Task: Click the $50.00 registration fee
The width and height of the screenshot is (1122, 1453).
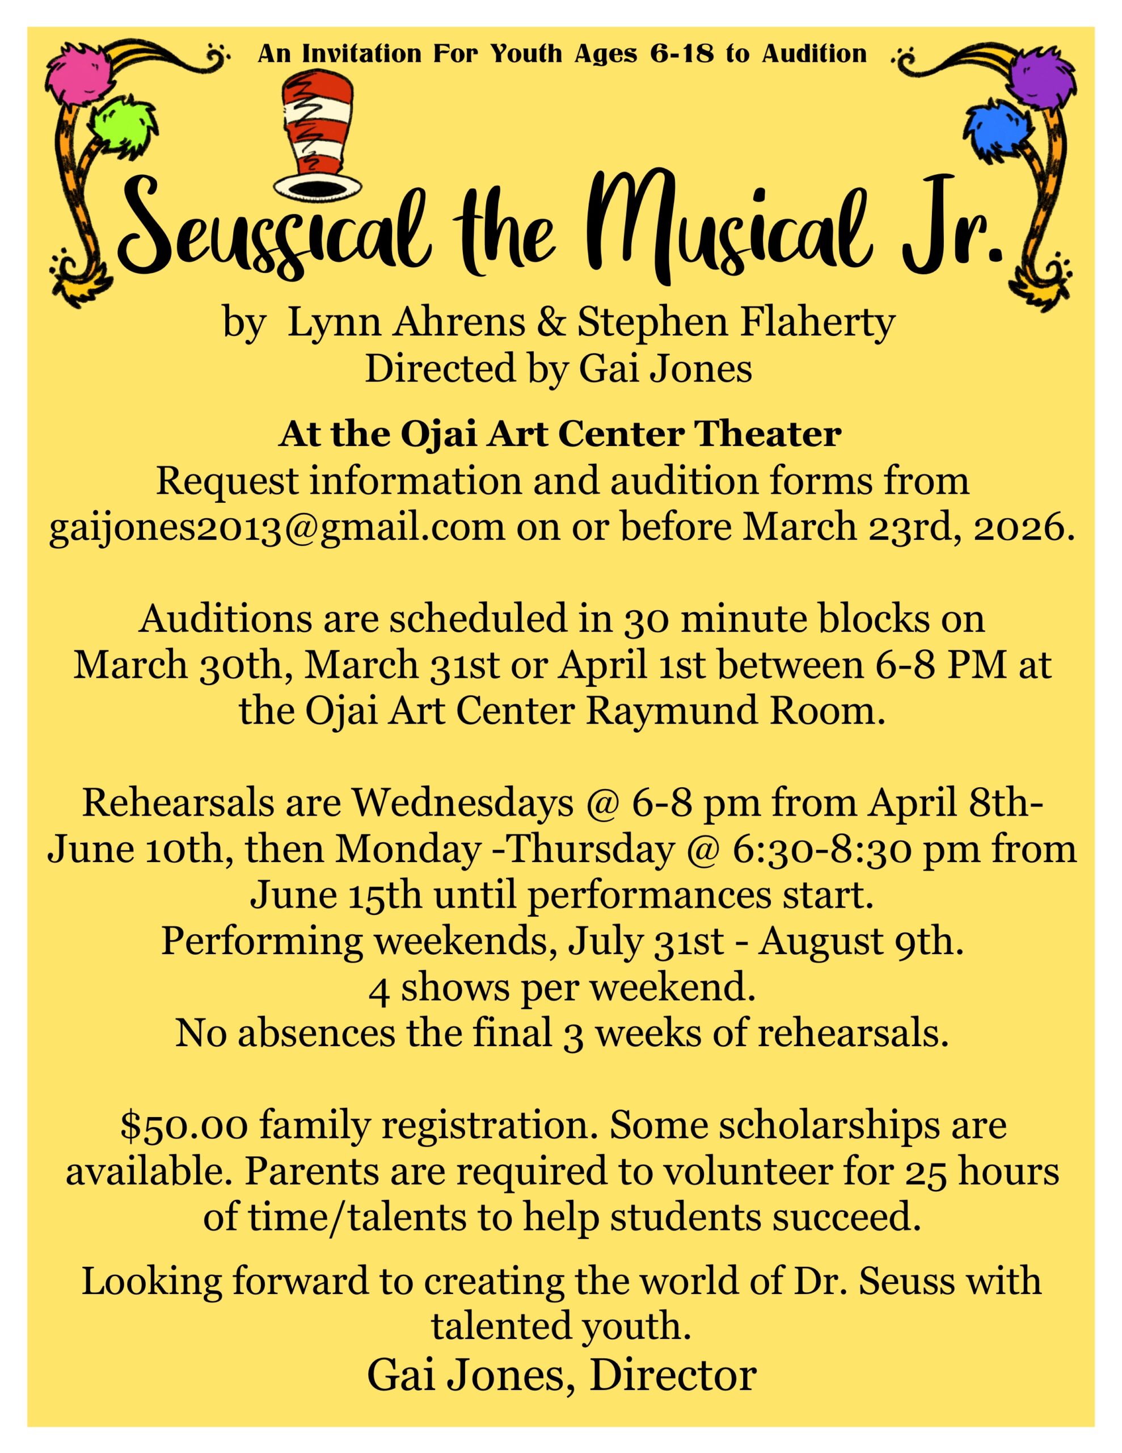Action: coord(185,1126)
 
